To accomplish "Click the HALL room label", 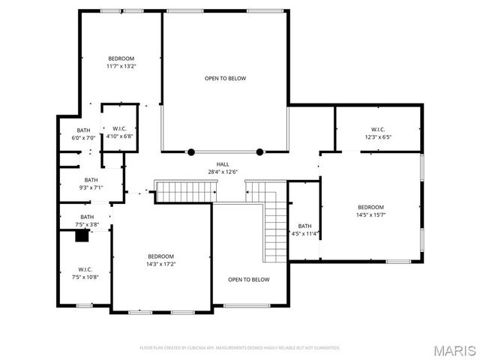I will coord(223,164).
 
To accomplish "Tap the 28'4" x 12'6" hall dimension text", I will coord(223,172).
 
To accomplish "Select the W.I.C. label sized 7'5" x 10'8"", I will coord(85,273).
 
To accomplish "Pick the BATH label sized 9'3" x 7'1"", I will coord(91,184).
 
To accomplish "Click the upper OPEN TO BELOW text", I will coord(225,78).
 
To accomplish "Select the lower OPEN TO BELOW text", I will coord(248,280).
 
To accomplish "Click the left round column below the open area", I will coord(191,151).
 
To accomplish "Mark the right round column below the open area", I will coord(259,151).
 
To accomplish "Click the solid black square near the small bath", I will coord(81,235).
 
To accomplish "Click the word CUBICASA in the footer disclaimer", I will coord(201,348).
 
